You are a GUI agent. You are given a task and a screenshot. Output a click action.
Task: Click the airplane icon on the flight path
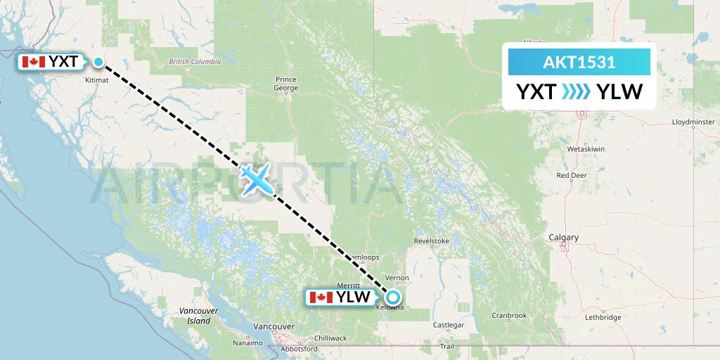pyautogui.click(x=256, y=179)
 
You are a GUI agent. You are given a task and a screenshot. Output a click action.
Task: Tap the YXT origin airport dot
pyautogui.click(x=98, y=62)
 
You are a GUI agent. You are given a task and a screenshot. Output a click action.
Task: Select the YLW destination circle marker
pyautogui.click(x=393, y=297)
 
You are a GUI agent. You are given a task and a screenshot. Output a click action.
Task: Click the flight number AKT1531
pyautogui.click(x=579, y=63)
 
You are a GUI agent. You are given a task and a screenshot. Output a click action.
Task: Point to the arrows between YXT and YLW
pyautogui.click(x=577, y=92)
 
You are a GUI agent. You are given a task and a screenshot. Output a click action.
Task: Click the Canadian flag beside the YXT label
pyautogui.click(x=34, y=62)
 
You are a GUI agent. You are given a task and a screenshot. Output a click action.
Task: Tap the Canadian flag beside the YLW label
pyautogui.click(x=321, y=297)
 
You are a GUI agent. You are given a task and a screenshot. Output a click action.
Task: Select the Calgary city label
pyautogui.click(x=565, y=238)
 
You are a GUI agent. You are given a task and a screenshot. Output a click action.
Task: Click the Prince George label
pyautogui.click(x=287, y=84)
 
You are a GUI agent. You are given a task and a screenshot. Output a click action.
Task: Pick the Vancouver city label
pyautogui.click(x=274, y=327)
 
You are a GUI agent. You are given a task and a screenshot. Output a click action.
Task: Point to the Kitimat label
pyautogui.click(x=97, y=81)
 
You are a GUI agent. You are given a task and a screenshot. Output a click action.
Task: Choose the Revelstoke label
pyautogui.click(x=432, y=240)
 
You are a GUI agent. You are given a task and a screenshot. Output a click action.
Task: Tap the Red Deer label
pyautogui.click(x=572, y=175)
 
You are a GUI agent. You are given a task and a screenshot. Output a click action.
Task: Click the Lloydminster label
pyautogui.click(x=693, y=122)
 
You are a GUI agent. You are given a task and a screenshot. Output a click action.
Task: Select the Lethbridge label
pyautogui.click(x=603, y=317)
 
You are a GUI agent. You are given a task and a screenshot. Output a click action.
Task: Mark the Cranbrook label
pyautogui.click(x=509, y=316)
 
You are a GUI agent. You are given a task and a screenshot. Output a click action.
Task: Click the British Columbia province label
pyautogui.click(x=195, y=62)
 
